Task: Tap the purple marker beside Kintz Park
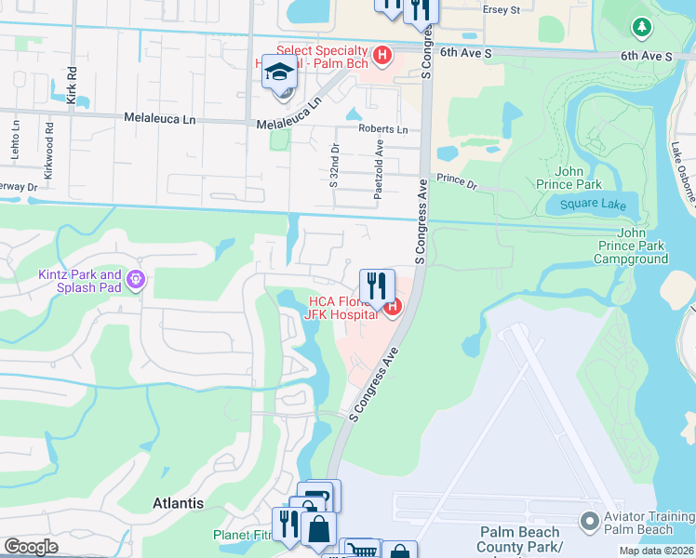point(136,279)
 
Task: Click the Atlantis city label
point(178,503)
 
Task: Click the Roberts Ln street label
point(383,130)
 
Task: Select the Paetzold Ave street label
point(379,168)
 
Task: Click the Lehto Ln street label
point(16,135)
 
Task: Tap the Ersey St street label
point(499,9)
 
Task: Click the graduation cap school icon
point(279,71)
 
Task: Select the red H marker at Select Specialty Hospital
point(381,57)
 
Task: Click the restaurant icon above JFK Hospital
point(377,285)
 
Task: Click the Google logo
point(31,547)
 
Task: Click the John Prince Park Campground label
point(642,246)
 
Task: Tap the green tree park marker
point(641,27)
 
